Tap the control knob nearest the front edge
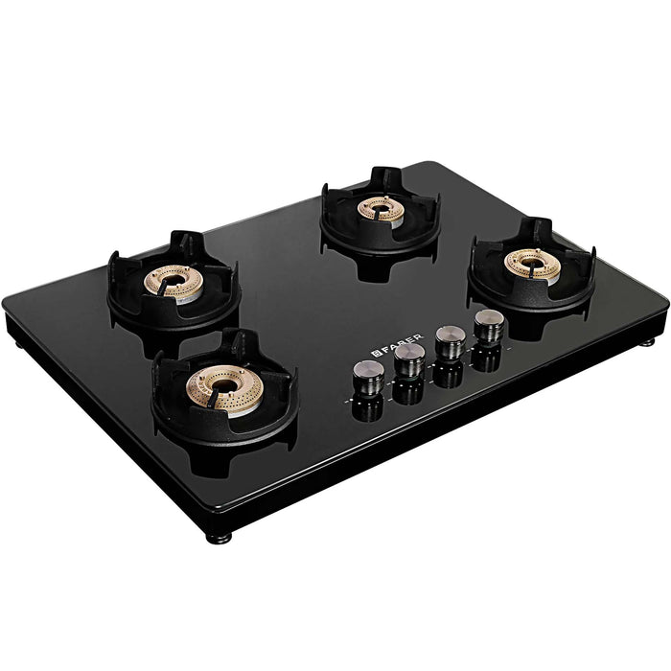(368, 377)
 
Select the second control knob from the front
(409, 359)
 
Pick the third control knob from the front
(451, 342)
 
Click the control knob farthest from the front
(489, 326)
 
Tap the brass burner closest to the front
(224, 389)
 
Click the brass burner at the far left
(173, 283)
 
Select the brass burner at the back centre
(381, 211)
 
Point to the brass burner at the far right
(532, 264)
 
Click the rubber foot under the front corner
(220, 538)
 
